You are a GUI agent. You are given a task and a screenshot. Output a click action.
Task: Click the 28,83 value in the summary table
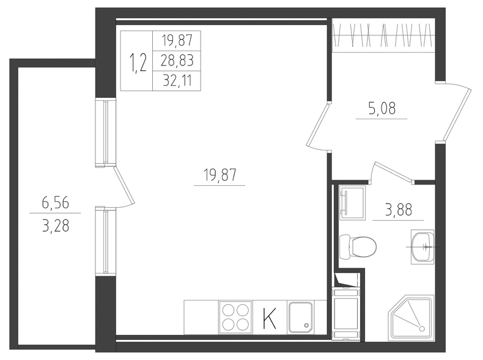(x=177, y=61)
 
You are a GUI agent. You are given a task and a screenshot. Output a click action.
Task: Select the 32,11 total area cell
(x=177, y=81)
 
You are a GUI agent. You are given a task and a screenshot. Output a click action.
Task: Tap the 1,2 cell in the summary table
(x=138, y=62)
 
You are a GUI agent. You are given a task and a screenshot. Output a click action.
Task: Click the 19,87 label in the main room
(x=219, y=175)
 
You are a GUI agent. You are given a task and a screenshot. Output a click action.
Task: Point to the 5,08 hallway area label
(x=382, y=108)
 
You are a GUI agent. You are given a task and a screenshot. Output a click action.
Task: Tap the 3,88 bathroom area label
(x=398, y=210)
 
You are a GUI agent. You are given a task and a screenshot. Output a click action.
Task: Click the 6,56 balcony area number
(x=56, y=204)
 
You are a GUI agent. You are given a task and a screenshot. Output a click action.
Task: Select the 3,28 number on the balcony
(x=56, y=227)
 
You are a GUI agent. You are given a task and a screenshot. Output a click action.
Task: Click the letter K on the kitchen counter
(x=270, y=318)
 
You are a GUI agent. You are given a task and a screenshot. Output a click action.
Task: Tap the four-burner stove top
(x=235, y=317)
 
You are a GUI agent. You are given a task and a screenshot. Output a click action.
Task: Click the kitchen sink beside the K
(x=300, y=317)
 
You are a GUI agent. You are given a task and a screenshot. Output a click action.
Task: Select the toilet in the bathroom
(x=358, y=248)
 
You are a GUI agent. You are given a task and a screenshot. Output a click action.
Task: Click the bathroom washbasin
(x=422, y=247)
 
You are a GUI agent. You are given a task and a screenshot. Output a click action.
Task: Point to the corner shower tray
(x=411, y=318)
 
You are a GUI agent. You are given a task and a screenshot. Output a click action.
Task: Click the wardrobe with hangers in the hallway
(x=384, y=35)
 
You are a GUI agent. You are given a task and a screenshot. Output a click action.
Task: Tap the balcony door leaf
(x=124, y=186)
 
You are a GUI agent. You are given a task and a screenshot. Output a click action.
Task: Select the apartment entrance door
(x=457, y=113)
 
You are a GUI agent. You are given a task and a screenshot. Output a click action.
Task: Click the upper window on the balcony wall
(x=106, y=133)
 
